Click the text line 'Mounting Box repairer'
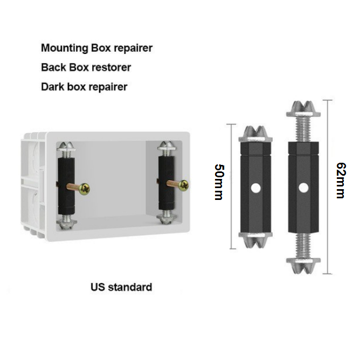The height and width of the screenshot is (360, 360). pos(96,48)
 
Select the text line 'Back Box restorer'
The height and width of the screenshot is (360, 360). pos(86,67)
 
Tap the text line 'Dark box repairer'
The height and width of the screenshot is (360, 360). pos(84,86)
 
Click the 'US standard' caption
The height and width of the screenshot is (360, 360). pos(121,287)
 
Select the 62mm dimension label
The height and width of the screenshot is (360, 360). pos(340,181)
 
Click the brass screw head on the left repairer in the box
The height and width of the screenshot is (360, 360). pos(84,189)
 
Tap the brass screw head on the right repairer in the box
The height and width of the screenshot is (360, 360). pos(184,185)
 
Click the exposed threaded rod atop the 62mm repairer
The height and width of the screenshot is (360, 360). pos(304,128)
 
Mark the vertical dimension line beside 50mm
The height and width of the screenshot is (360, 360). pos(232,186)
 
